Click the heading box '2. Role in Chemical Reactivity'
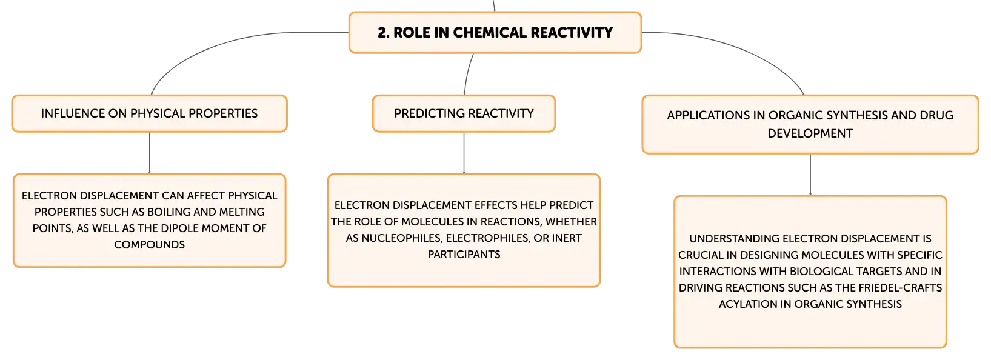pyautogui.click(x=495, y=33)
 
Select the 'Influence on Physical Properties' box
pyautogui.click(x=150, y=114)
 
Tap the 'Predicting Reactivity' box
pyautogui.click(x=464, y=114)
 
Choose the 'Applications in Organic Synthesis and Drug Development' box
pyautogui.click(x=810, y=124)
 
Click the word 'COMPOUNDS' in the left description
pyautogui.click(x=150, y=245)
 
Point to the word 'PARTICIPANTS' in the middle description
pyautogui.click(x=464, y=255)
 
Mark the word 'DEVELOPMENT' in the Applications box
pyautogui.click(x=810, y=133)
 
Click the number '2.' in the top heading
pyautogui.click(x=384, y=33)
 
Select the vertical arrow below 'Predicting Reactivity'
pyautogui.click(x=464, y=153)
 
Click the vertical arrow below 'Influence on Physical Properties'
pyautogui.click(x=150, y=153)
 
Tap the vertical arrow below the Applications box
pyautogui.click(x=810, y=175)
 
